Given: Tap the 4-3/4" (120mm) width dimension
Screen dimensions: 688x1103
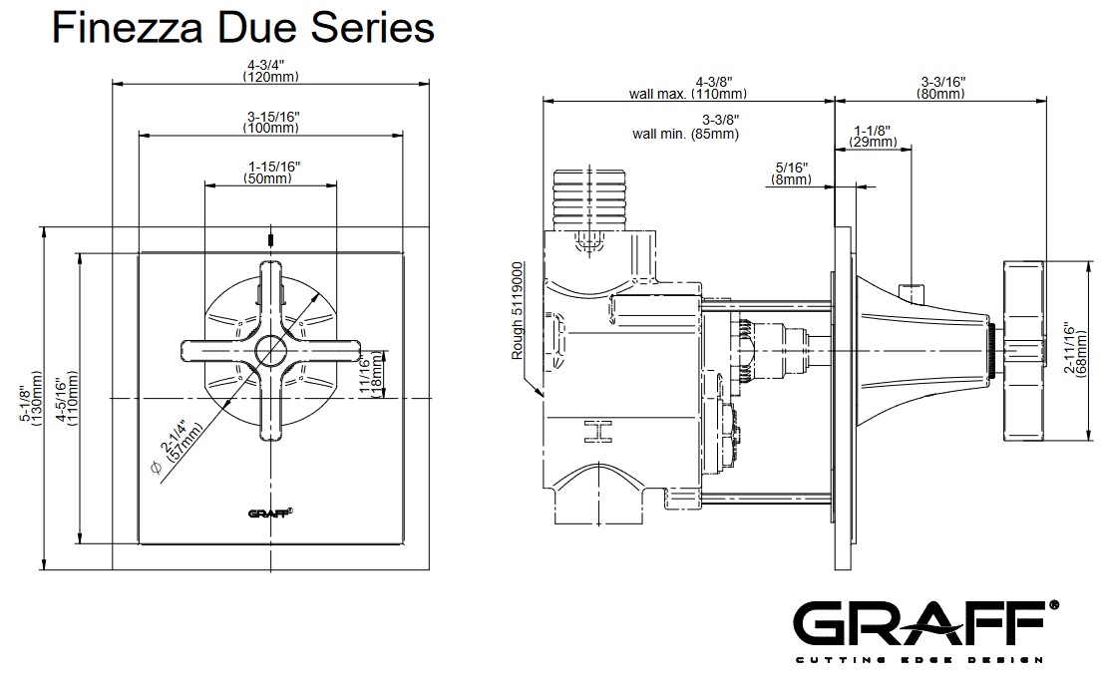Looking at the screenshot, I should coord(270,71).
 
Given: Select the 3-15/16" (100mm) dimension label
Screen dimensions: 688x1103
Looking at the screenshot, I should coord(270,122).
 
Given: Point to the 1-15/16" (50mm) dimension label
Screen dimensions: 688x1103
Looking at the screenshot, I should coord(270,172).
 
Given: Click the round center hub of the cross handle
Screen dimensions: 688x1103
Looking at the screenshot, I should coord(269,349).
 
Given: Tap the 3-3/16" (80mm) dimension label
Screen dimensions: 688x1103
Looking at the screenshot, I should coord(940,87).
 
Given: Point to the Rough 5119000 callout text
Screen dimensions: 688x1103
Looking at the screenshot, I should coord(517,312).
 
